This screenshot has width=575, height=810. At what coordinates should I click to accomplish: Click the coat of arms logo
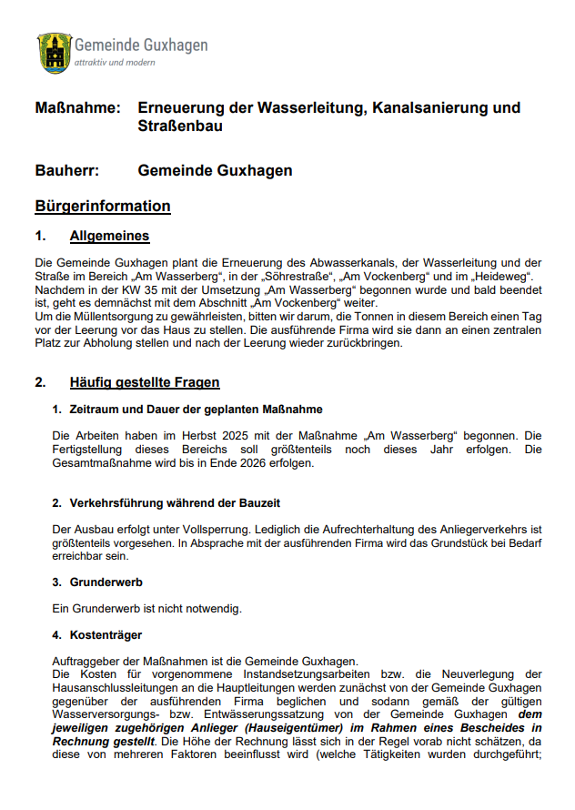pos(54,52)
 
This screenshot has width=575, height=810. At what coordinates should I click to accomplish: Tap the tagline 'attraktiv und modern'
pos(115,63)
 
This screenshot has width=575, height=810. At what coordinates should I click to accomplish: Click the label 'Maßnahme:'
pos(77,108)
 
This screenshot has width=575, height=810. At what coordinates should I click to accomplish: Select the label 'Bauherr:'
pos(66,170)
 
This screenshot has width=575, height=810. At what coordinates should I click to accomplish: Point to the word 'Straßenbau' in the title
pos(180,127)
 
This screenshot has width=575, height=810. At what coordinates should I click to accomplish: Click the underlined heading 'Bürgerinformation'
pos(103,206)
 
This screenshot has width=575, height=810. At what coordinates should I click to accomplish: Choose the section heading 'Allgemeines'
pos(109,237)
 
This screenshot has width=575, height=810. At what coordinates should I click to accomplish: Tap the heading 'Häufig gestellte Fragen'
pos(145,382)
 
